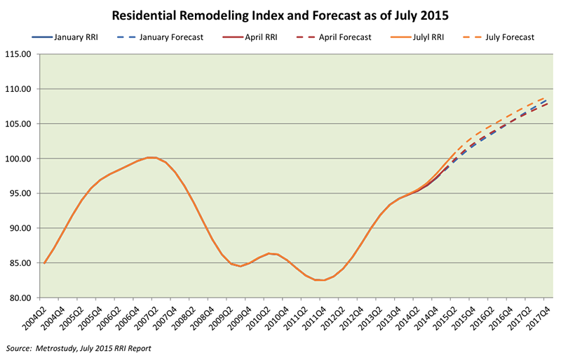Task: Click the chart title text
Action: [x=280, y=15]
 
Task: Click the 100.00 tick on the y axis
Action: [x=22, y=159]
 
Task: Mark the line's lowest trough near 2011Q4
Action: [x=323, y=280]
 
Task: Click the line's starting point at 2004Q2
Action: [x=45, y=263]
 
